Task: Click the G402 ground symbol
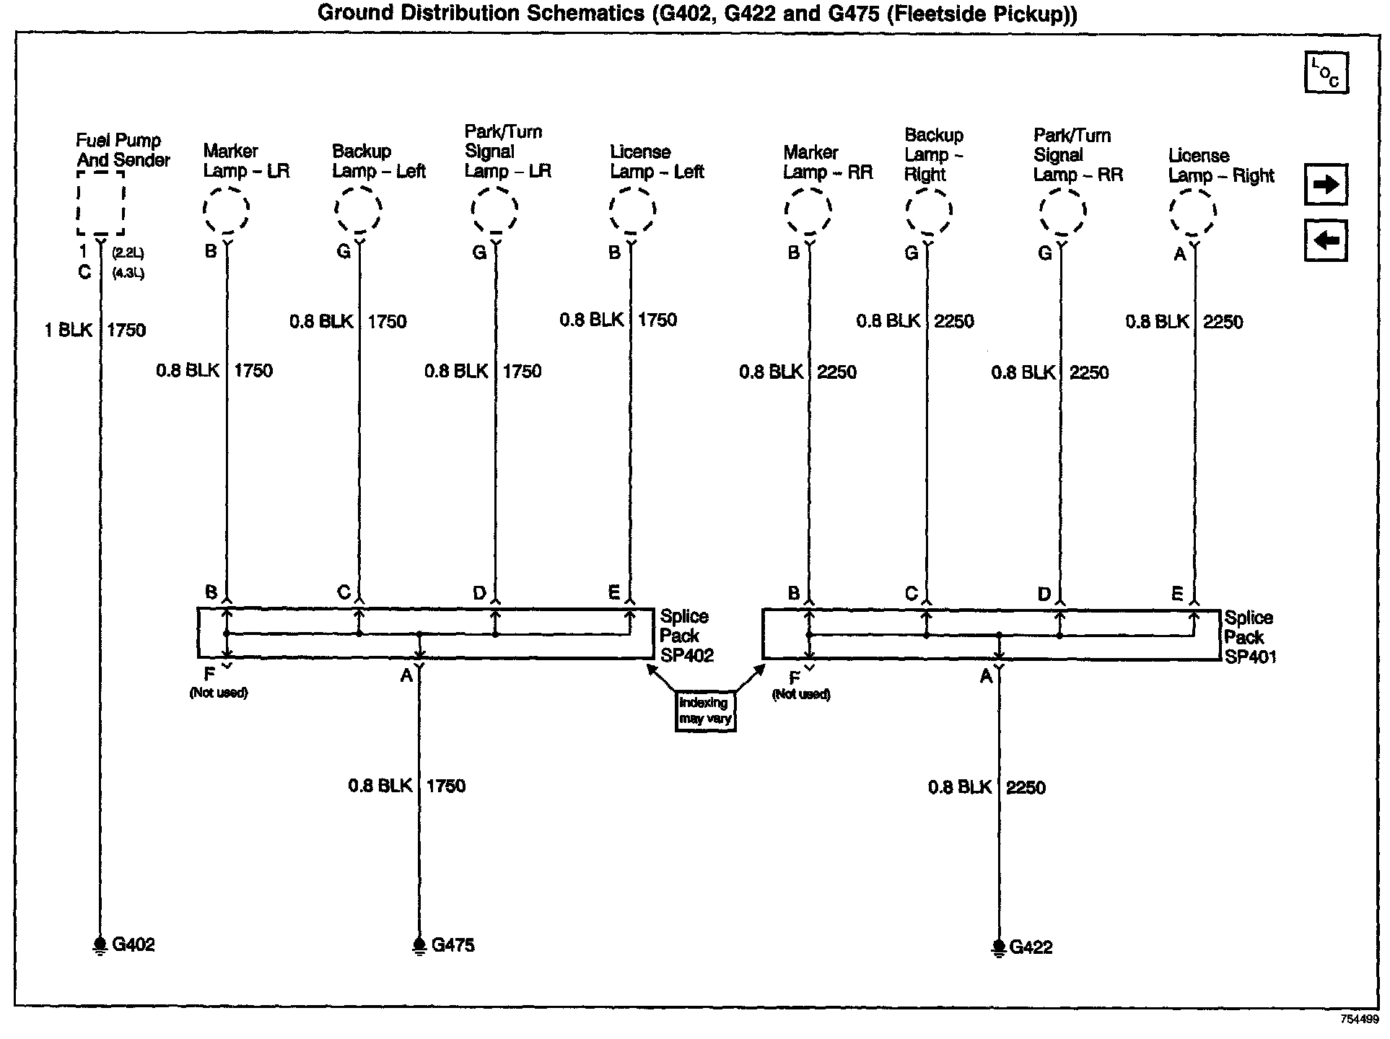click(x=99, y=946)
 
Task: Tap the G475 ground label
click(x=453, y=945)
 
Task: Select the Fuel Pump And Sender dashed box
click(x=100, y=203)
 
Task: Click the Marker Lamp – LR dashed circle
click(x=227, y=210)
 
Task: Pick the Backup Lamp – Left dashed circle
click(x=358, y=210)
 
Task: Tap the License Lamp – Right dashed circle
click(x=1193, y=213)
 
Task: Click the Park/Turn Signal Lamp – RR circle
click(x=1062, y=213)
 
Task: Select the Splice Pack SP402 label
click(x=686, y=636)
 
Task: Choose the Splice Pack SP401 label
click(x=1249, y=637)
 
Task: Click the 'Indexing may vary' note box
click(x=705, y=711)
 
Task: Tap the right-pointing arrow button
click(x=1326, y=185)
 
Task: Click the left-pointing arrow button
click(x=1326, y=240)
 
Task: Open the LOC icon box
click(x=1326, y=73)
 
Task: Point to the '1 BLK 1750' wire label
click(x=95, y=330)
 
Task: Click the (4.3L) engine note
click(x=128, y=274)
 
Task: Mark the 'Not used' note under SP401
click(x=801, y=694)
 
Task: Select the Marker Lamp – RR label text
click(x=828, y=162)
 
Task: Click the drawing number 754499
click(x=1359, y=1020)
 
